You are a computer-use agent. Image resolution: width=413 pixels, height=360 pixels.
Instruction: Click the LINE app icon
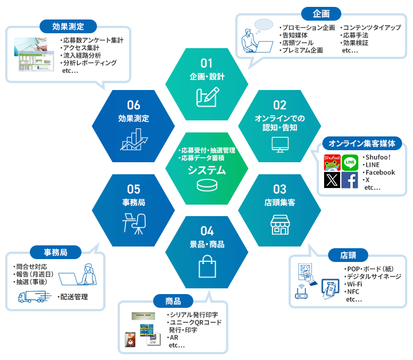click(x=350, y=163)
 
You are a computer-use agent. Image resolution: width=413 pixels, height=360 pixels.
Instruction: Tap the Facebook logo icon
click(x=350, y=180)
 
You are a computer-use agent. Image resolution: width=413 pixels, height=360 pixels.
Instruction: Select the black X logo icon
click(x=333, y=180)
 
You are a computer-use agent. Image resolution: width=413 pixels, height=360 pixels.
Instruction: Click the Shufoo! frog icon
click(x=333, y=163)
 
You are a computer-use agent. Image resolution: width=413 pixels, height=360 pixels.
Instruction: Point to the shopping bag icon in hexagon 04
click(x=207, y=266)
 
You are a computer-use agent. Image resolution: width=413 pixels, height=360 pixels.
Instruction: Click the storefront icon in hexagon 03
click(x=279, y=225)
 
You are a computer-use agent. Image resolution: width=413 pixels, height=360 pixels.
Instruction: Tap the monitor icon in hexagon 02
click(x=279, y=142)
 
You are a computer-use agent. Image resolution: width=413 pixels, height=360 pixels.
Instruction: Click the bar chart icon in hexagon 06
click(x=134, y=138)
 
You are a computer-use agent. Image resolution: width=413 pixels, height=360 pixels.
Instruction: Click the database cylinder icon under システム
click(x=207, y=186)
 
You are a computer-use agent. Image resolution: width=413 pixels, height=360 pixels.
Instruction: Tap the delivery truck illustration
click(x=32, y=296)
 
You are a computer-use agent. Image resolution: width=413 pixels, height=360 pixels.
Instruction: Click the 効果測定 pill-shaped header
click(x=68, y=26)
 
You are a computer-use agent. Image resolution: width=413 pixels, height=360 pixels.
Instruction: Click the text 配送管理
click(x=72, y=297)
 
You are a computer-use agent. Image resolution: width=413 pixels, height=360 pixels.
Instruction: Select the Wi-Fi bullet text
click(x=354, y=284)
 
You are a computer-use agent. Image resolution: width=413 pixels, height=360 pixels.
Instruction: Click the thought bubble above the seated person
click(x=263, y=24)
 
